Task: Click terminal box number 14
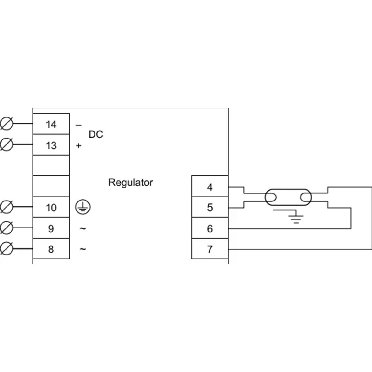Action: (x=51, y=124)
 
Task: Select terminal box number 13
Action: (x=51, y=145)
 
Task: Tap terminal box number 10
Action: (x=51, y=207)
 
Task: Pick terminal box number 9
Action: (x=51, y=228)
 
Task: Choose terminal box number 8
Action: (x=51, y=249)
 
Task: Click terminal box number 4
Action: (x=210, y=186)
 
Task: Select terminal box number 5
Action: (x=210, y=207)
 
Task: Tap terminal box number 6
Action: (x=210, y=228)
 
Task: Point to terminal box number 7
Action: (x=210, y=249)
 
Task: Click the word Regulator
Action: (x=131, y=183)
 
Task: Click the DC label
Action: (x=96, y=134)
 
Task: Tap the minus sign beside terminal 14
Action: (x=78, y=126)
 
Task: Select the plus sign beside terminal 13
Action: (x=78, y=146)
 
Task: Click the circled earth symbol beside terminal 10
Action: (x=83, y=207)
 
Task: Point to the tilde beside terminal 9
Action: (x=83, y=228)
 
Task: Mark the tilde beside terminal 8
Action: (x=83, y=249)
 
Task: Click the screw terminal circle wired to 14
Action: (x=7, y=124)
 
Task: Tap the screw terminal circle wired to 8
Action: (x=7, y=248)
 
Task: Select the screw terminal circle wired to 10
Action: (x=7, y=207)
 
